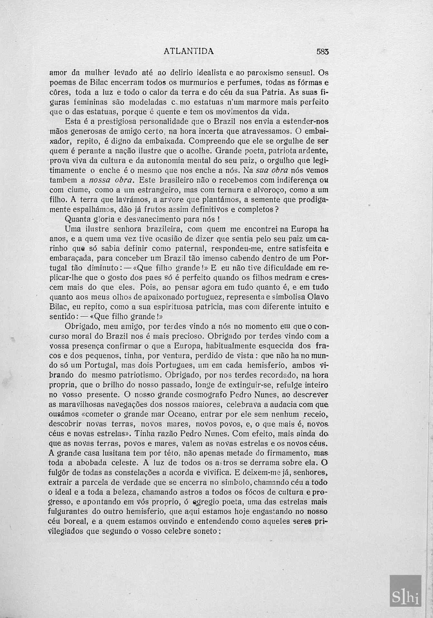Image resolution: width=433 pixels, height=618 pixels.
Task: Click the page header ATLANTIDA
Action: click(189, 51)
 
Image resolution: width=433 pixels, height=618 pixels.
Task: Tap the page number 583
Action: click(322, 51)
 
